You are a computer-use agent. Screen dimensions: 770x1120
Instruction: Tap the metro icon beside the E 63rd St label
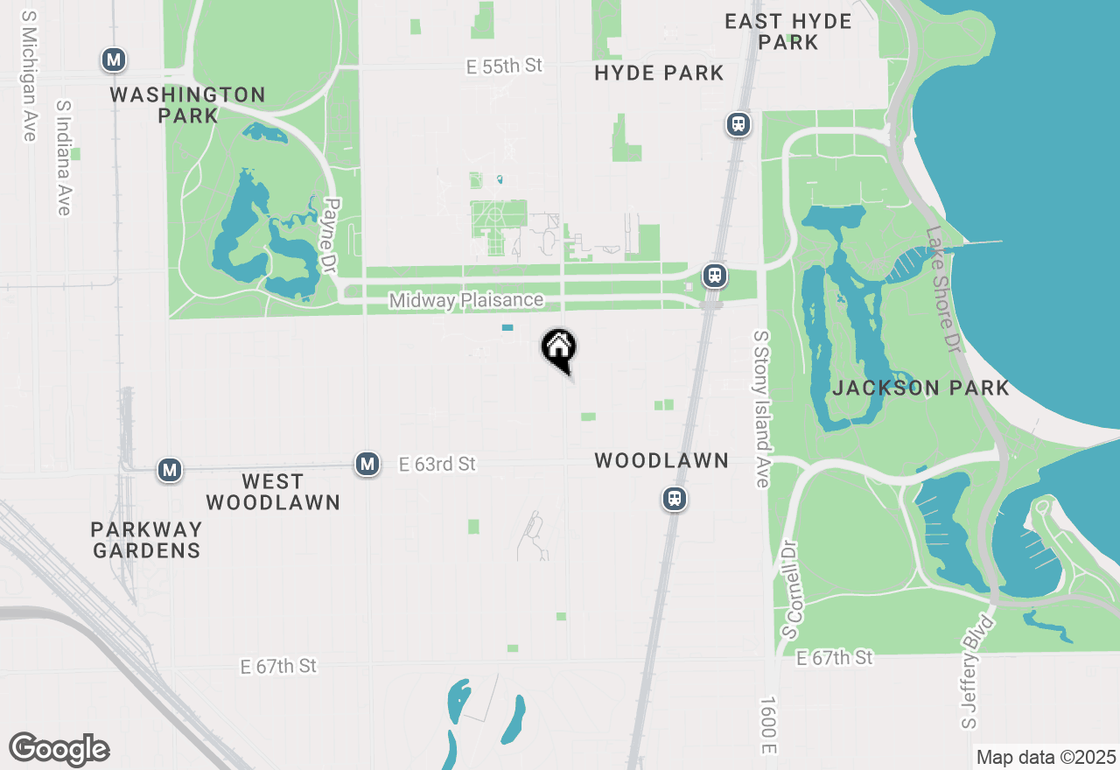367,464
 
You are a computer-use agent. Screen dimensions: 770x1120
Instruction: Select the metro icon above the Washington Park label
114,60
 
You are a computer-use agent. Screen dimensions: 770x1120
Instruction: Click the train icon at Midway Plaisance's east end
715,276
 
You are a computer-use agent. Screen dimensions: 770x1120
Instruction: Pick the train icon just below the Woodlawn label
674,499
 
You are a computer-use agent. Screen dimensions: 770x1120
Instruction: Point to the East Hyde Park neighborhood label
788,31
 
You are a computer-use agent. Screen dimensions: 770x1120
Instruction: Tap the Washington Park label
188,104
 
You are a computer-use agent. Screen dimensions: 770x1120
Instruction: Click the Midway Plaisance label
466,301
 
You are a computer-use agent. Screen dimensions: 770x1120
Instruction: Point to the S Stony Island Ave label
761,409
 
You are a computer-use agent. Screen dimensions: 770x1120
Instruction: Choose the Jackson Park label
920,388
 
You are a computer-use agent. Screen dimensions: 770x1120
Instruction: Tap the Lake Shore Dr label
945,289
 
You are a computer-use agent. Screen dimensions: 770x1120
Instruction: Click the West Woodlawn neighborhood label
272,492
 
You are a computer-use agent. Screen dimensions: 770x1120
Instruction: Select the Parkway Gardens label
147,540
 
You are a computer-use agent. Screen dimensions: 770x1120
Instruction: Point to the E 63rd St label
437,464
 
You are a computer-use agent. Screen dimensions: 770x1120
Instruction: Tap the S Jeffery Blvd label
979,672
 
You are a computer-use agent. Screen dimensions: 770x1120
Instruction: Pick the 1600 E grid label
768,725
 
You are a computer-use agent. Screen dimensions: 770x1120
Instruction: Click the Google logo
59,750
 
